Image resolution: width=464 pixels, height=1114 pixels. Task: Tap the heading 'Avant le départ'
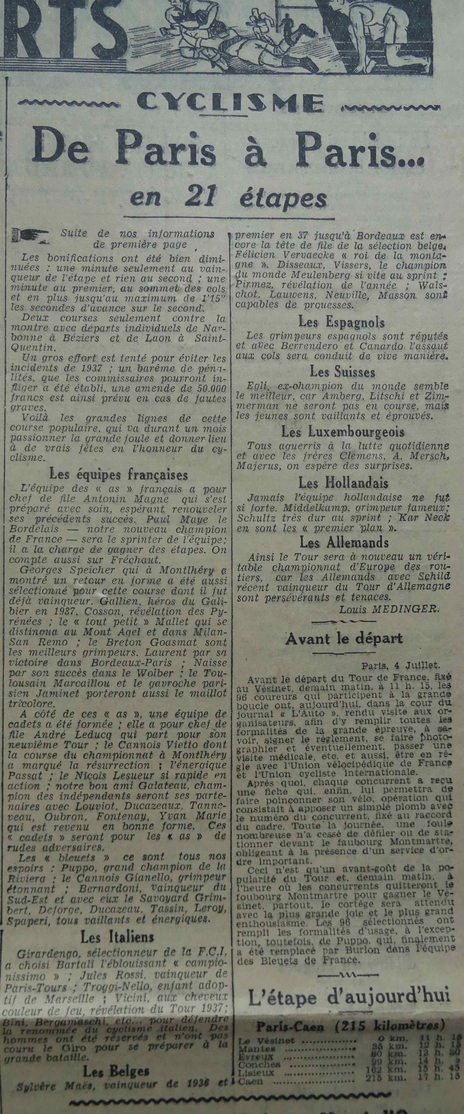point(344,638)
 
